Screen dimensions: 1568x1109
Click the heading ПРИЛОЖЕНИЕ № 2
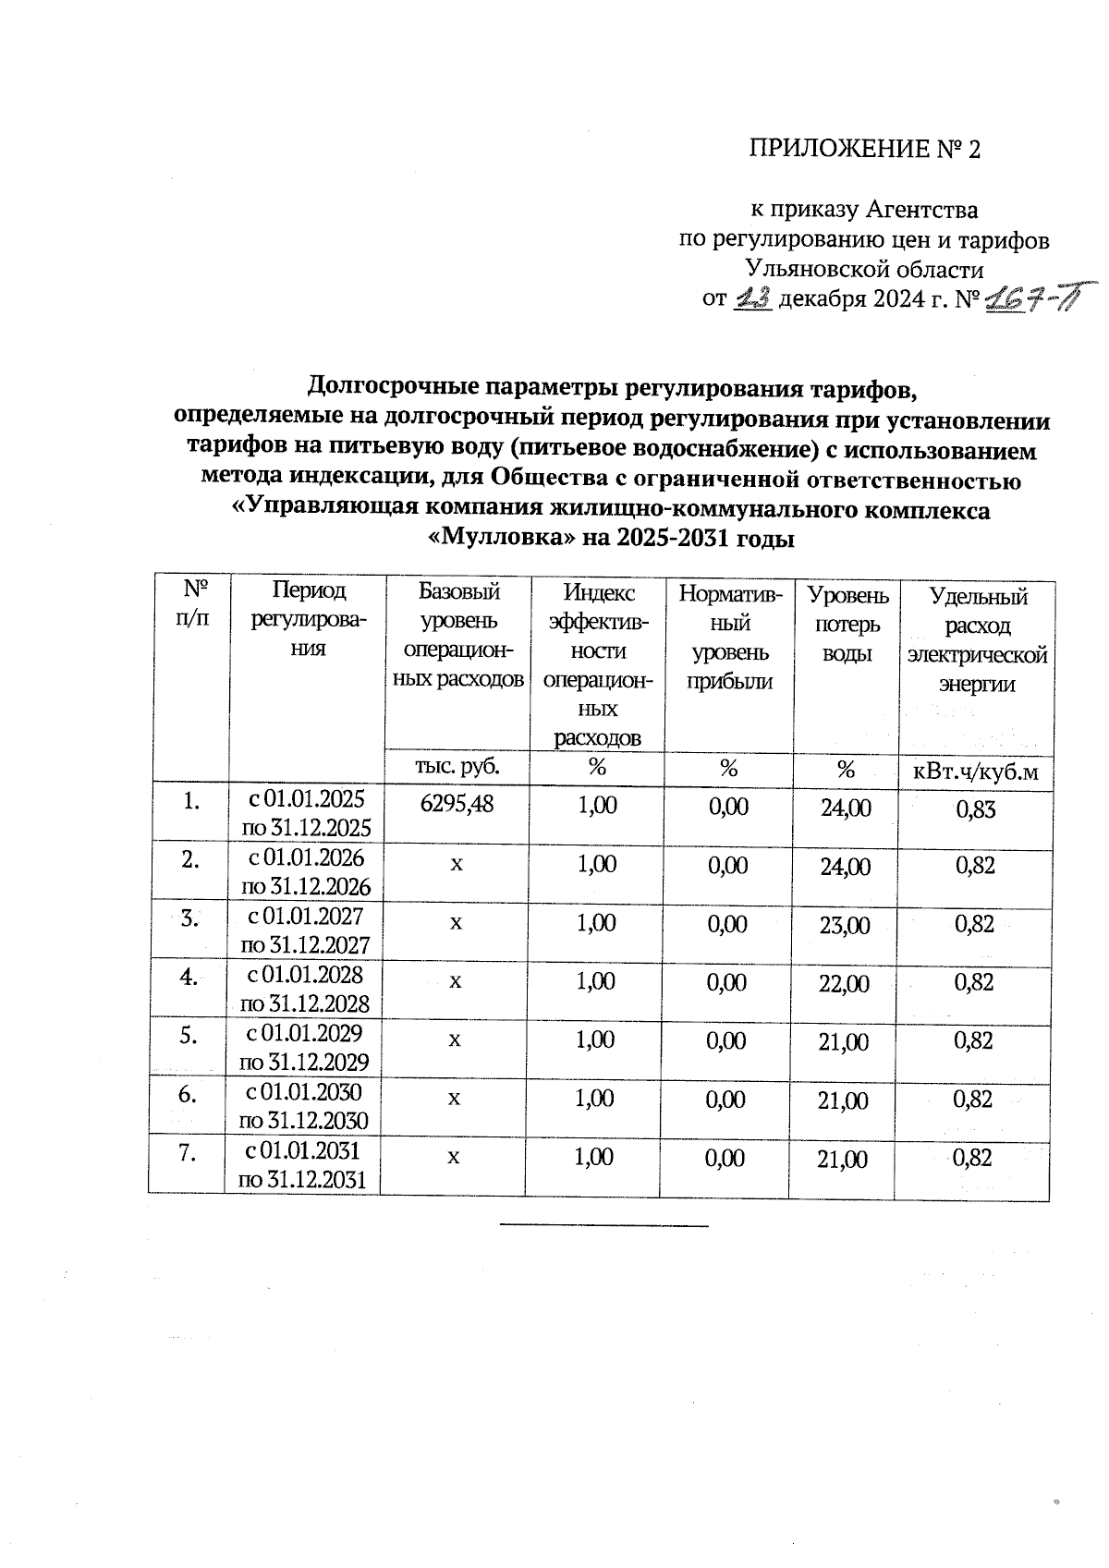863,150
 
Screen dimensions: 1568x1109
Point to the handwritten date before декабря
753,299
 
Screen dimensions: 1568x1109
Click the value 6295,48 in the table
457,804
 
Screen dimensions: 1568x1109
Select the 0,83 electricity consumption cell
975,809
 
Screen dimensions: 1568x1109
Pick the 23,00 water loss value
844,926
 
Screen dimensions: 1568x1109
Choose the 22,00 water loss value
844,984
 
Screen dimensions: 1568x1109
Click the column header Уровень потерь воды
847,625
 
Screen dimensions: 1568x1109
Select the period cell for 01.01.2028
304,989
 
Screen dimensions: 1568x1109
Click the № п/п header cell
191,603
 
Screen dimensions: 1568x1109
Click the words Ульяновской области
864,270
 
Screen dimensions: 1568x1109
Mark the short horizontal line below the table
603,1225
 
